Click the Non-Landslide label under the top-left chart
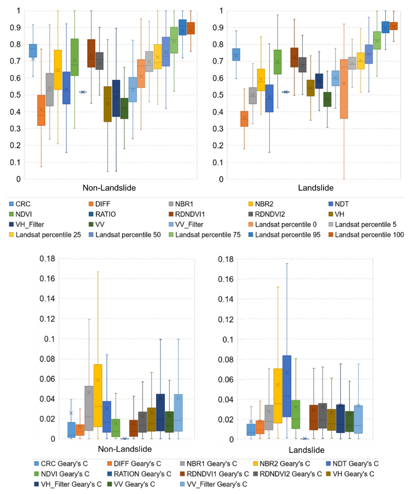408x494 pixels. [109, 188]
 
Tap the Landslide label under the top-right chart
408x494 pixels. [316, 188]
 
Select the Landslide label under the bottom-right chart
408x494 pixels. [307, 450]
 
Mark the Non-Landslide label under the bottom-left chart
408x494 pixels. [125, 449]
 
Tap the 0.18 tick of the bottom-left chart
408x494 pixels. [47, 259]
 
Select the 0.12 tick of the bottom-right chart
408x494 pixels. [226, 319]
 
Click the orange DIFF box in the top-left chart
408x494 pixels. [41, 110]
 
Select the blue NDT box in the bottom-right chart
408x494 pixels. [287, 386]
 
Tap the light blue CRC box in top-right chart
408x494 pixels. [236, 55]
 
